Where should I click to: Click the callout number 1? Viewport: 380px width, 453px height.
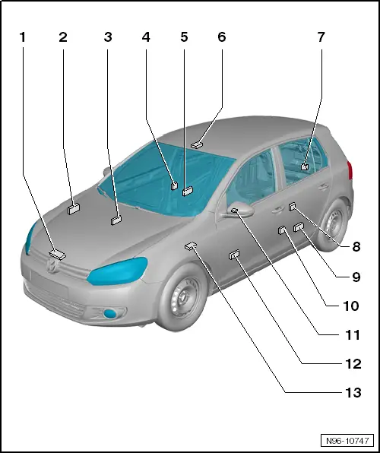(23, 37)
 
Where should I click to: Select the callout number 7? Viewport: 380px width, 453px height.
(321, 37)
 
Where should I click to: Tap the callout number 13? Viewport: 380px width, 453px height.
(353, 393)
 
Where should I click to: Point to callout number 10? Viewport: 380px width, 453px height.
(351, 306)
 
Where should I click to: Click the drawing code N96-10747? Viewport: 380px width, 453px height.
(347, 441)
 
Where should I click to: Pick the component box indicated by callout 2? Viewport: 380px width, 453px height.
(74, 209)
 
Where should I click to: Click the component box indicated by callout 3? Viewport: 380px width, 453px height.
(116, 220)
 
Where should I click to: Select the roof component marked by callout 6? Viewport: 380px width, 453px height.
(196, 144)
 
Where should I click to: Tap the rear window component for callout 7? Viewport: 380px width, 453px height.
(305, 166)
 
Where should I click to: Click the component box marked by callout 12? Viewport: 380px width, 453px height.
(234, 255)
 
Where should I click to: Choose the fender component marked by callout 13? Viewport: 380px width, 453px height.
(191, 246)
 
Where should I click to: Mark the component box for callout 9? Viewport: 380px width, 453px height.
(299, 227)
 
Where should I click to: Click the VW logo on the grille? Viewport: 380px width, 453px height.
(52, 265)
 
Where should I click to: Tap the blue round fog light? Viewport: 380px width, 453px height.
(110, 314)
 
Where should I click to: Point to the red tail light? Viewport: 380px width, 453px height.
(350, 171)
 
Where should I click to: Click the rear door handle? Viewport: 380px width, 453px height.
(323, 187)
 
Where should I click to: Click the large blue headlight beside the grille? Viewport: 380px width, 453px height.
(117, 271)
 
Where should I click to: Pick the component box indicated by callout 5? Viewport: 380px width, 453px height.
(188, 192)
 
